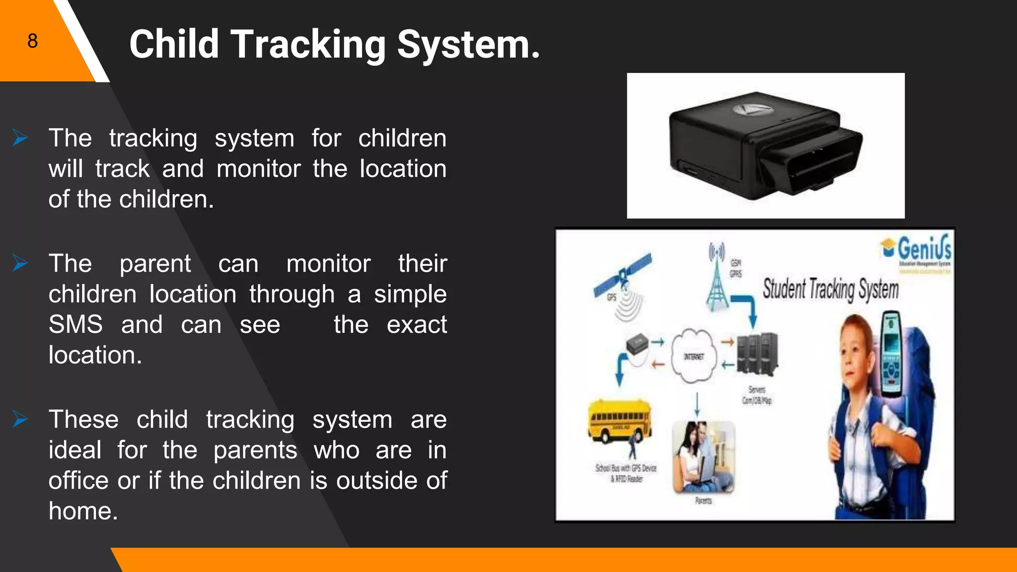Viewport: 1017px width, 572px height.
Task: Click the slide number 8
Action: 32,41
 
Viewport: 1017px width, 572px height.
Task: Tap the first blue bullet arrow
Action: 20,138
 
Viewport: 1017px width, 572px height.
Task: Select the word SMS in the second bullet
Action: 75,325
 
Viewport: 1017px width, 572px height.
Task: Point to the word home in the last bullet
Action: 82,511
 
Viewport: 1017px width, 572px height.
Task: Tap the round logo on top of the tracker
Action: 749,109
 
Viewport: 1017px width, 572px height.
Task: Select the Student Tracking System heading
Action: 830,289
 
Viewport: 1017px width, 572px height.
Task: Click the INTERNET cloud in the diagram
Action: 694,356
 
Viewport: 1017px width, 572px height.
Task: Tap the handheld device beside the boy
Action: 892,354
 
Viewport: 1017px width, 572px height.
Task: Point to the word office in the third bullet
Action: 78,481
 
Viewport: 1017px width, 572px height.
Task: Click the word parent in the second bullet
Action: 155,264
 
